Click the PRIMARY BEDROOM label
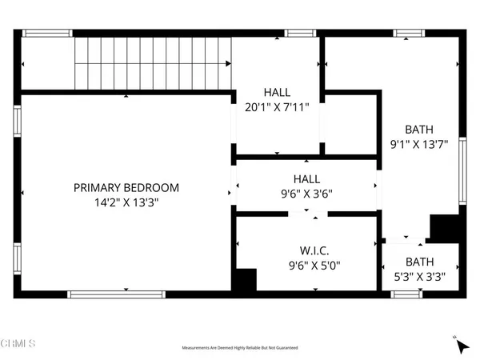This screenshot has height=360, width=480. [x=126, y=188]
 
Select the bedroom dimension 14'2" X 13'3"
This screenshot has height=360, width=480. [x=126, y=203]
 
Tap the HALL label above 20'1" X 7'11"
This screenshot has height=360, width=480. [x=277, y=93]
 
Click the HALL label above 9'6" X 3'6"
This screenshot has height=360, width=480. [x=306, y=179]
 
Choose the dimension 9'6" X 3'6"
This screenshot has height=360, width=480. [x=306, y=194]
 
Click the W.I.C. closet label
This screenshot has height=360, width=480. [x=306, y=250]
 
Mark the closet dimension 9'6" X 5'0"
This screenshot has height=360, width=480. [x=306, y=266]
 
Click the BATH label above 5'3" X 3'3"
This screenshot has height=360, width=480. [x=419, y=262]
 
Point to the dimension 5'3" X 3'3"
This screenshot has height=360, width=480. [x=419, y=277]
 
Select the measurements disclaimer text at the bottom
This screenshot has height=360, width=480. [x=240, y=349]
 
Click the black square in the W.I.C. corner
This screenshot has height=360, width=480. [x=243, y=280]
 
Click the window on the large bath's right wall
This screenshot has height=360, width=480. [x=462, y=172]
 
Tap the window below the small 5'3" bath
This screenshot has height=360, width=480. [x=406, y=294]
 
